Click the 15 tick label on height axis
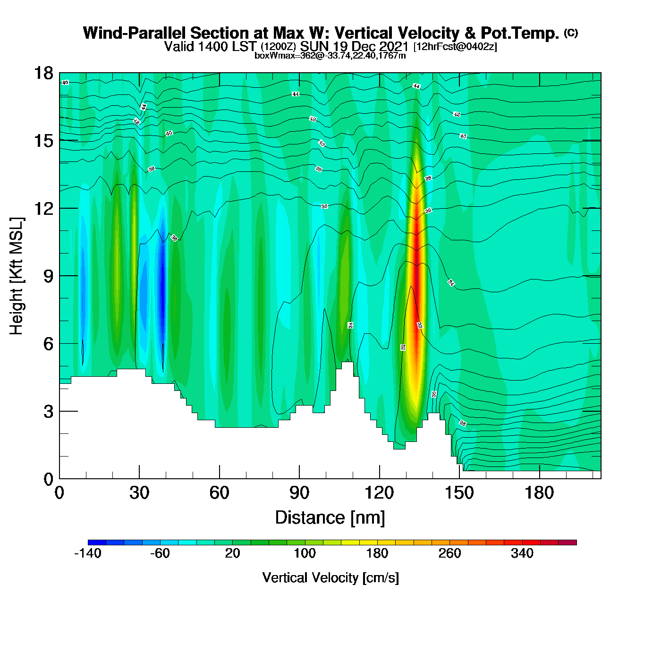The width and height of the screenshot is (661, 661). (x=43, y=141)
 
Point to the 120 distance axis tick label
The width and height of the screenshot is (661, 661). (x=379, y=493)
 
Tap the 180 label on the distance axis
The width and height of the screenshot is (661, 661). (x=539, y=493)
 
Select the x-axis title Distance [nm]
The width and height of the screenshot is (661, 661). (x=330, y=518)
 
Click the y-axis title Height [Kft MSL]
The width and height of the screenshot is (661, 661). (x=17, y=276)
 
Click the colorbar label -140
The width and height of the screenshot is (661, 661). (x=88, y=553)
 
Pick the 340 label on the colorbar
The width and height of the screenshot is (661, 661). (x=522, y=553)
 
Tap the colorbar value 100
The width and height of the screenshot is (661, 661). (x=305, y=553)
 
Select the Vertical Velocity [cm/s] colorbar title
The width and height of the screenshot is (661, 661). (x=330, y=578)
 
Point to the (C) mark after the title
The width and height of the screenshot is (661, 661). (x=571, y=33)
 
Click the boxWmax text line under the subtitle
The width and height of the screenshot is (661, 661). (x=330, y=55)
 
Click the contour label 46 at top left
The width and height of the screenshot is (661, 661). (x=65, y=83)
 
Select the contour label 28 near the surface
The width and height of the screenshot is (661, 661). (x=463, y=424)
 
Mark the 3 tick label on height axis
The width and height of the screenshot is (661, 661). (x=48, y=411)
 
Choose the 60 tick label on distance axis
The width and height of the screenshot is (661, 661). (x=219, y=493)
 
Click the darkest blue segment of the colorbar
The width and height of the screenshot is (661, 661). (x=97, y=542)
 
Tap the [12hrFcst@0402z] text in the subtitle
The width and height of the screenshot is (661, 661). (x=455, y=47)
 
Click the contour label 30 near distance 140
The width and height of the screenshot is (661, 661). (x=434, y=394)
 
